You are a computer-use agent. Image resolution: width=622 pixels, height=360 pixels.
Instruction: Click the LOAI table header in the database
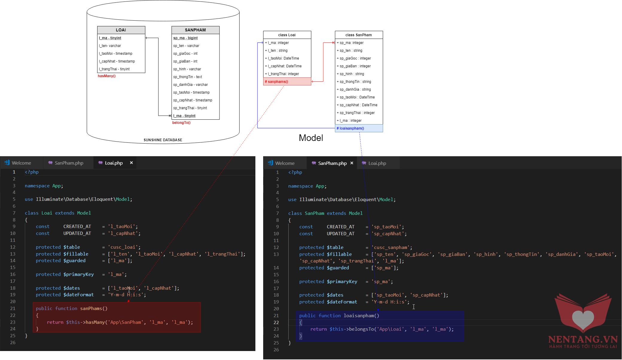(121, 30)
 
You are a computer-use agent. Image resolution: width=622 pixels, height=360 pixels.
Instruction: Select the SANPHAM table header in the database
(195, 30)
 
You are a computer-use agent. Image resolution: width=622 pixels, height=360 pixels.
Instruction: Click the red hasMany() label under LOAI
(106, 76)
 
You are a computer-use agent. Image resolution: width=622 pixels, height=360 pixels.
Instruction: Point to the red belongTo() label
(181, 123)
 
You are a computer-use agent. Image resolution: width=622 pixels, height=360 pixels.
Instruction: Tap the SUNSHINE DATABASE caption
(163, 140)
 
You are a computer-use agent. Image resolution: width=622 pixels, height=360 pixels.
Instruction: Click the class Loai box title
(287, 35)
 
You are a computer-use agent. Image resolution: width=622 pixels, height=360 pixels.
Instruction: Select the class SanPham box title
(359, 35)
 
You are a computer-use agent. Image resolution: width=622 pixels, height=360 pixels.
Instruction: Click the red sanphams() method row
(287, 82)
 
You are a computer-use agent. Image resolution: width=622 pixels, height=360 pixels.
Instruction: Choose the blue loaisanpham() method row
(359, 128)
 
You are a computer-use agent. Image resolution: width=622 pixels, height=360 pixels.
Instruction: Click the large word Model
(311, 138)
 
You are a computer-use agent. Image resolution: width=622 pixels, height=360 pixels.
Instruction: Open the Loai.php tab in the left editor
(114, 163)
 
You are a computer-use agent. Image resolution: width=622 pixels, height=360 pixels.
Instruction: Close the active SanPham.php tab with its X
(352, 163)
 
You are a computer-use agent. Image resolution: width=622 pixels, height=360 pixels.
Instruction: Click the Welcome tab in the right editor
(285, 163)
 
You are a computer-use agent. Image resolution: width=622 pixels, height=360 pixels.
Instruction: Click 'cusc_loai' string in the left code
(124, 247)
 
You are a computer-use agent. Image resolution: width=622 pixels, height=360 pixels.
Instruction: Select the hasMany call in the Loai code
(95, 322)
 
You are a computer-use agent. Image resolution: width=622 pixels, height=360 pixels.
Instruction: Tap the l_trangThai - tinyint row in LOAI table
(114, 69)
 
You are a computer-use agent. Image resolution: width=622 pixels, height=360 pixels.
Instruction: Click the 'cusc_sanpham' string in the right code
(392, 247)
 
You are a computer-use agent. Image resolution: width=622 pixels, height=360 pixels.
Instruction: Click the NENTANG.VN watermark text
(583, 339)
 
